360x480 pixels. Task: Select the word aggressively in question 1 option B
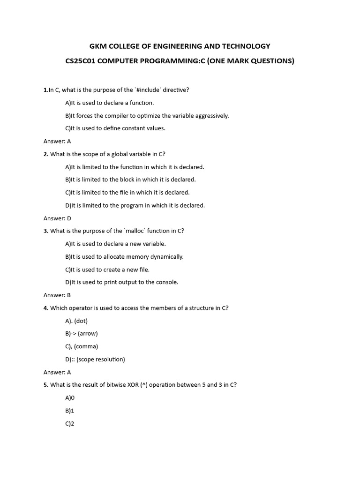click(208, 115)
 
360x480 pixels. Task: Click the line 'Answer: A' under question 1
click(57, 141)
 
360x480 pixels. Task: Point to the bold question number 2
click(45, 154)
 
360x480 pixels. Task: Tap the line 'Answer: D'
click(57, 218)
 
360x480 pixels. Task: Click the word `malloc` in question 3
click(138, 231)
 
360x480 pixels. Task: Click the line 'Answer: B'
click(57, 295)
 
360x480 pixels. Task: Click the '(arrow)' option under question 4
click(88, 333)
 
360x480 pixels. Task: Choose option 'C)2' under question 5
click(70, 423)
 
